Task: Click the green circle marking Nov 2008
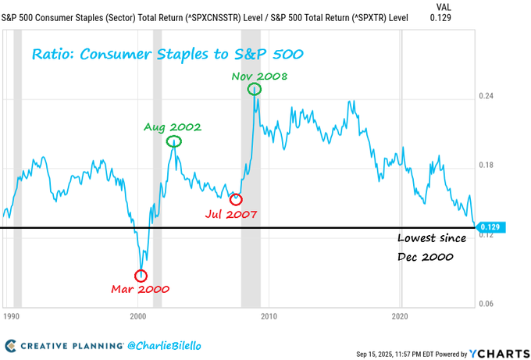(255, 89)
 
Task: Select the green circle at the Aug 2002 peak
(174, 141)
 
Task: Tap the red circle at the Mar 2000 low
(141, 275)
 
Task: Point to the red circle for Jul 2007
(236, 199)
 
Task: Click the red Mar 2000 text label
(141, 289)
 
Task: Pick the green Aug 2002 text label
(172, 127)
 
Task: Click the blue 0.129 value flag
(490, 227)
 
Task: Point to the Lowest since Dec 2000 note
(432, 247)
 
